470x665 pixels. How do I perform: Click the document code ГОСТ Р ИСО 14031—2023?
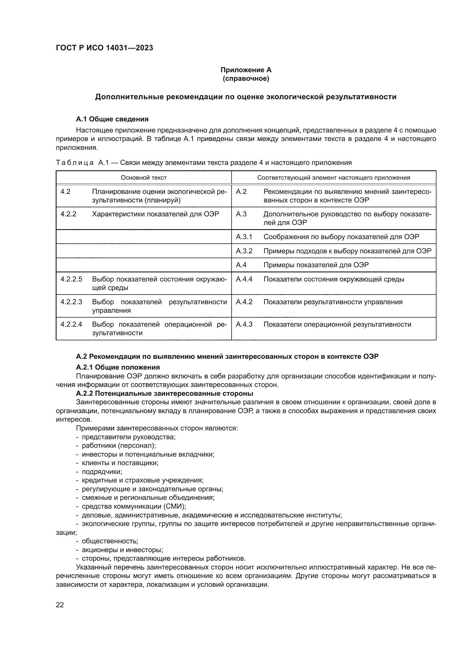(104, 48)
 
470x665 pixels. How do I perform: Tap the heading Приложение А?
(246, 70)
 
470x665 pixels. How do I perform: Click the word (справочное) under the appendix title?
(246, 78)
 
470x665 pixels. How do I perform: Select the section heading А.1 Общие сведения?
(112, 119)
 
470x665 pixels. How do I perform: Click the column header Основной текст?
(144, 177)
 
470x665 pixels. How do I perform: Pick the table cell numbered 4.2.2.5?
(71, 279)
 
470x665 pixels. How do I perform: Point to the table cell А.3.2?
(244, 251)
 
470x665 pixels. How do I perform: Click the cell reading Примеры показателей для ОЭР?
(316, 265)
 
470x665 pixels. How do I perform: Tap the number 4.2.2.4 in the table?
(71, 324)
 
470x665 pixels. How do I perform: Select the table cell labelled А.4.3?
(244, 324)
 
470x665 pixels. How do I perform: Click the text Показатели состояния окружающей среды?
(334, 279)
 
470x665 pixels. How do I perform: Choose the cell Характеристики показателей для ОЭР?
(155, 214)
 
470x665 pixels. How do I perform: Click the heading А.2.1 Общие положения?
(118, 368)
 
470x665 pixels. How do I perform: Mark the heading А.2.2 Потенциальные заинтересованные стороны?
(164, 393)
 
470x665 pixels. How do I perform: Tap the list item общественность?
(110, 541)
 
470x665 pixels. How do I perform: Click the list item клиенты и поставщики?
(120, 463)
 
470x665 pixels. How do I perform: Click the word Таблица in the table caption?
(75, 163)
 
